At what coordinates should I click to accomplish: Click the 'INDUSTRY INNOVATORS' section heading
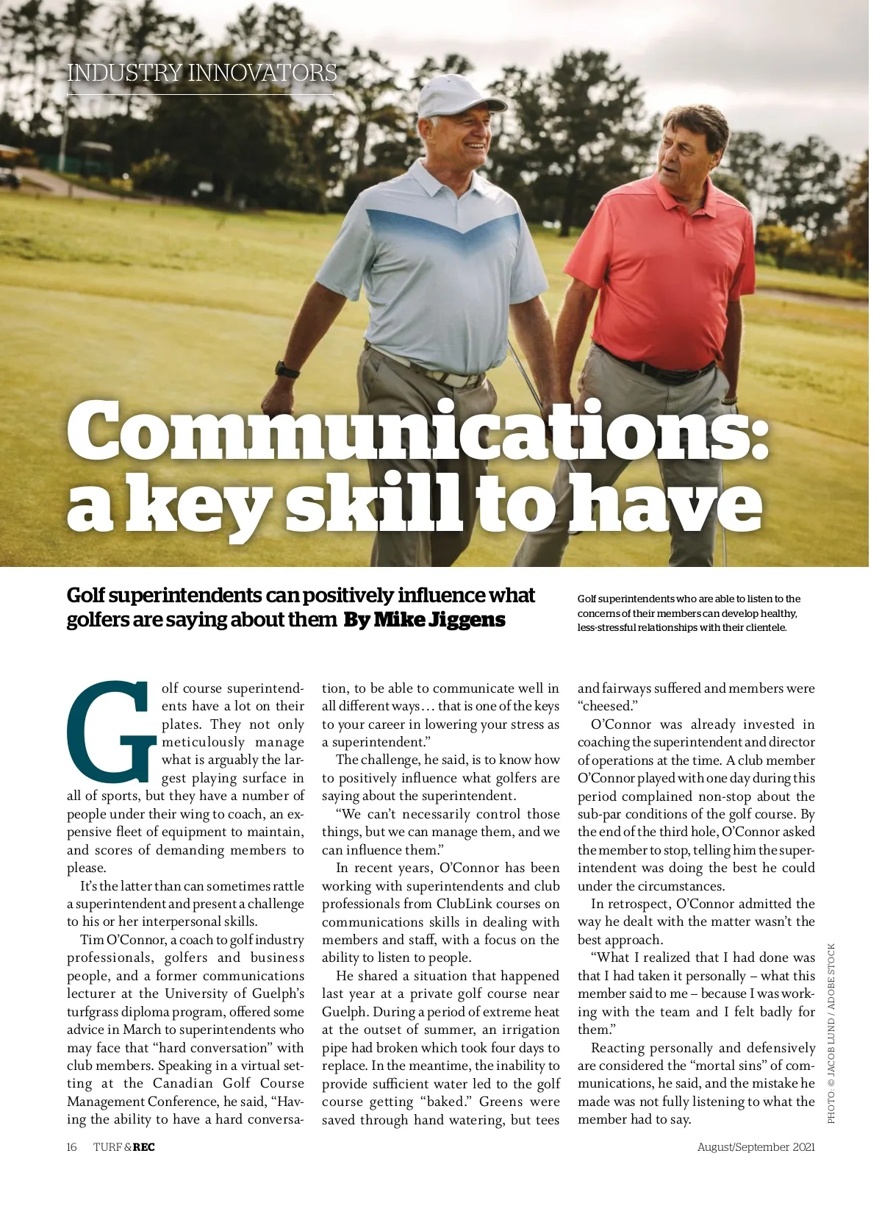201,73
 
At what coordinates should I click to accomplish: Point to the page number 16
71,1147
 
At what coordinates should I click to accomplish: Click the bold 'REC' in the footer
144,1147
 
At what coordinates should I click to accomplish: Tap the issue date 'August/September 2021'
756,1147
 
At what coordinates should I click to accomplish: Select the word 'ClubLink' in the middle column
467,904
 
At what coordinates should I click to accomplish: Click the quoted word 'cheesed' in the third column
607,706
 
